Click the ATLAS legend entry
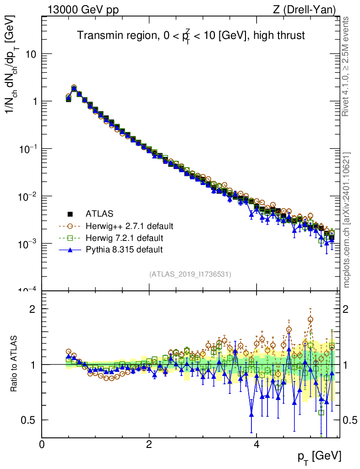[x=99, y=213]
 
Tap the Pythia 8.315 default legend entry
[x=124, y=250]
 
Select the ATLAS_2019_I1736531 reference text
[x=190, y=274]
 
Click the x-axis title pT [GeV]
[x=319, y=456]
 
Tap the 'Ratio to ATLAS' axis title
[x=14, y=364]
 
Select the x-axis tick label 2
[x=149, y=445]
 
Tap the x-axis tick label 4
[x=256, y=445]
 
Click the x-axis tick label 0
[x=42, y=445]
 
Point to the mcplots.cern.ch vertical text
[x=347, y=220]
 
